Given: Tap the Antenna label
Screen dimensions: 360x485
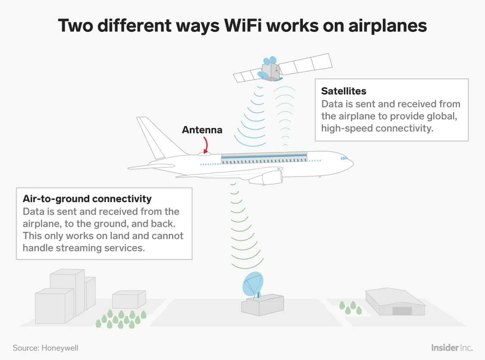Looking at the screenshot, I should pyautogui.click(x=202, y=130).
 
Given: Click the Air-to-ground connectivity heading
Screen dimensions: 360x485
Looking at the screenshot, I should pyautogui.click(x=87, y=199).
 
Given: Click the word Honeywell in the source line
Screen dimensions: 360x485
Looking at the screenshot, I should pyautogui.click(x=60, y=348).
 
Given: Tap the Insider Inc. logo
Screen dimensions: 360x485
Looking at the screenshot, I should pyautogui.click(x=451, y=348).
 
